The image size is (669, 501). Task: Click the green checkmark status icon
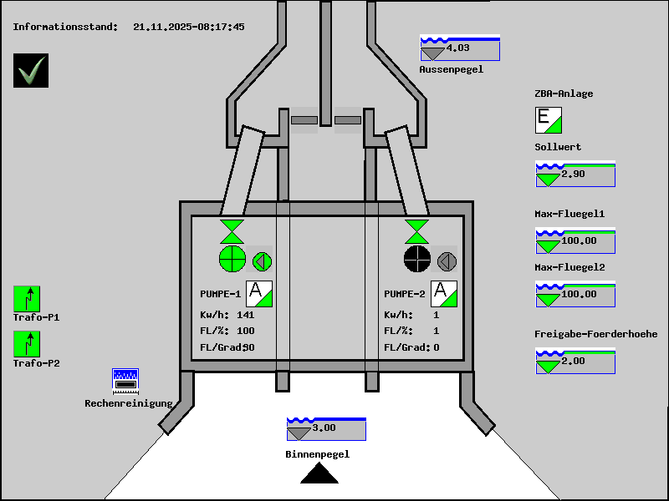pos(31,70)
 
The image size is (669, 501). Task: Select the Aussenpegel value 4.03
pos(458,48)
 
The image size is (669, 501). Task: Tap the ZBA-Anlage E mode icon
pos(549,120)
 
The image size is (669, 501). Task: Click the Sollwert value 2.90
pos(574,175)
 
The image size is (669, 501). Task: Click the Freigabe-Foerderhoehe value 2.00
pos(574,361)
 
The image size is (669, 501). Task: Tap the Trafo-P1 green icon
pos(27,298)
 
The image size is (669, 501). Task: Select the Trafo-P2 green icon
pos(27,344)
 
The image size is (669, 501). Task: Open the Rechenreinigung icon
pos(125,381)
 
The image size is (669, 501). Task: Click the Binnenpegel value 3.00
pos(324,428)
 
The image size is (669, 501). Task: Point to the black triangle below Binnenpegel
pos(319,474)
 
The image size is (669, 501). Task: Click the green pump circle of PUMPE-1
pos(232,260)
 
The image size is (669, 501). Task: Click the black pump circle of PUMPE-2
pos(416,260)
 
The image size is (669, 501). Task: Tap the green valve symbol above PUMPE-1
pos(232,231)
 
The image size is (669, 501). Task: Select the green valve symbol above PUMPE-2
pos(416,231)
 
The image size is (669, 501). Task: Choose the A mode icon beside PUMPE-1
pos(259,294)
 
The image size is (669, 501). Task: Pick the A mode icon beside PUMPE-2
pos(443,294)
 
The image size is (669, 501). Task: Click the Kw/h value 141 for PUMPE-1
pos(245,315)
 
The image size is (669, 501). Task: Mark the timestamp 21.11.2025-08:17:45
pos(189,27)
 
